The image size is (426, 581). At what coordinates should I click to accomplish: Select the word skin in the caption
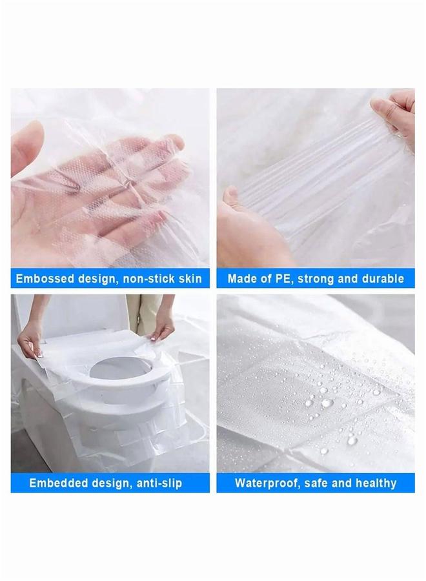(188, 279)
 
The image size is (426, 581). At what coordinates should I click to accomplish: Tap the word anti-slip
(157, 483)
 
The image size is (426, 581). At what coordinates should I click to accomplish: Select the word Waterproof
(266, 483)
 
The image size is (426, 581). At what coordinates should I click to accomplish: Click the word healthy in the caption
(374, 483)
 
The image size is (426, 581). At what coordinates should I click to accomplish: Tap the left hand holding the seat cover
(30, 342)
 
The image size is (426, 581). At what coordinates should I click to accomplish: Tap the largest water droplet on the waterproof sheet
(327, 403)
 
